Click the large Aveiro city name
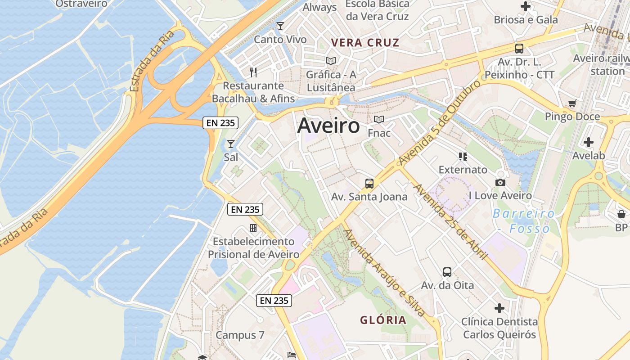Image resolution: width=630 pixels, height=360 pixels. click(x=328, y=126)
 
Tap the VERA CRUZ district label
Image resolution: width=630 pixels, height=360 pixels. click(x=365, y=43)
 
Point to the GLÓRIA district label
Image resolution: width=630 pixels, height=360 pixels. click(x=383, y=320)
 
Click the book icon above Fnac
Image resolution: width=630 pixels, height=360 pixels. click(x=379, y=120)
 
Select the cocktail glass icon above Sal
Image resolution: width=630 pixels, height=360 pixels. click(x=230, y=144)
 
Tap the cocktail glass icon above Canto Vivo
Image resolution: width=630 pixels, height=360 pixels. click(x=280, y=26)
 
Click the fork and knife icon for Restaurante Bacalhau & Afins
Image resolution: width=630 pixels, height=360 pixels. click(x=253, y=72)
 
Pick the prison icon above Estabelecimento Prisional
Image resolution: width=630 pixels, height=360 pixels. click(x=253, y=228)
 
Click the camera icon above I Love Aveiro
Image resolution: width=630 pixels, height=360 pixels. click(x=500, y=182)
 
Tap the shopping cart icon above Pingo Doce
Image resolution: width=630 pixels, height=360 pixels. click(x=572, y=103)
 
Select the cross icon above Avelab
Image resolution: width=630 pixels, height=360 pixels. click(x=588, y=143)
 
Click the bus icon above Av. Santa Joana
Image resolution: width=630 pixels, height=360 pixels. click(x=369, y=184)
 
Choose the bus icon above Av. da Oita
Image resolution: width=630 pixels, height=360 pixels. click(x=447, y=272)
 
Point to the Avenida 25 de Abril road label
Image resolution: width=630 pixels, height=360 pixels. click(x=450, y=222)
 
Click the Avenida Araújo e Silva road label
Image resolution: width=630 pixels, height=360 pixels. click(x=384, y=273)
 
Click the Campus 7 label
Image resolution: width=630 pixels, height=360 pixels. click(x=239, y=335)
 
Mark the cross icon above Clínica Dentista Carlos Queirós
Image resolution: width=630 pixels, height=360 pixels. click(x=499, y=308)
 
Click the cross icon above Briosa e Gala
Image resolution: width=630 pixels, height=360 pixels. click(x=526, y=6)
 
